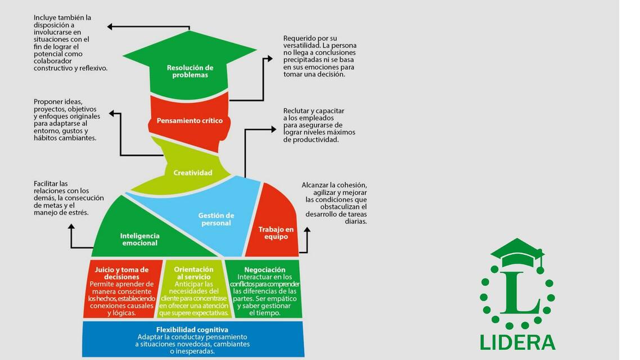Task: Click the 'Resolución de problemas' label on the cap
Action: [190, 71]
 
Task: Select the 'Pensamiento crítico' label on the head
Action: [190, 120]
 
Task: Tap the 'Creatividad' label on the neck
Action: [193, 173]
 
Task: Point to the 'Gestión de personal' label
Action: [216, 219]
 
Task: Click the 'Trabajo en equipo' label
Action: [276, 233]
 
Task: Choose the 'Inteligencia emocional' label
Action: [140, 240]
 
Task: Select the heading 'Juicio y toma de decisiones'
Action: [121, 273]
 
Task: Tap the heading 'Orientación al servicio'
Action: [193, 273]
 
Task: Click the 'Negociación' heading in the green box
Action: [265, 270]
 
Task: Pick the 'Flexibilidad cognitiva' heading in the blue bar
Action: [192, 330]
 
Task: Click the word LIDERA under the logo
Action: [517, 342]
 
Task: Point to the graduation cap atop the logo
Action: [517, 251]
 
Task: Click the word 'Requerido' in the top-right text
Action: [300, 38]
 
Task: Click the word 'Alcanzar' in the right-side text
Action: [316, 185]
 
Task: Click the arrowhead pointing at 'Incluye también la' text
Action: [110, 26]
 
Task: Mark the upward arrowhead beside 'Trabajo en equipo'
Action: [307, 230]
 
